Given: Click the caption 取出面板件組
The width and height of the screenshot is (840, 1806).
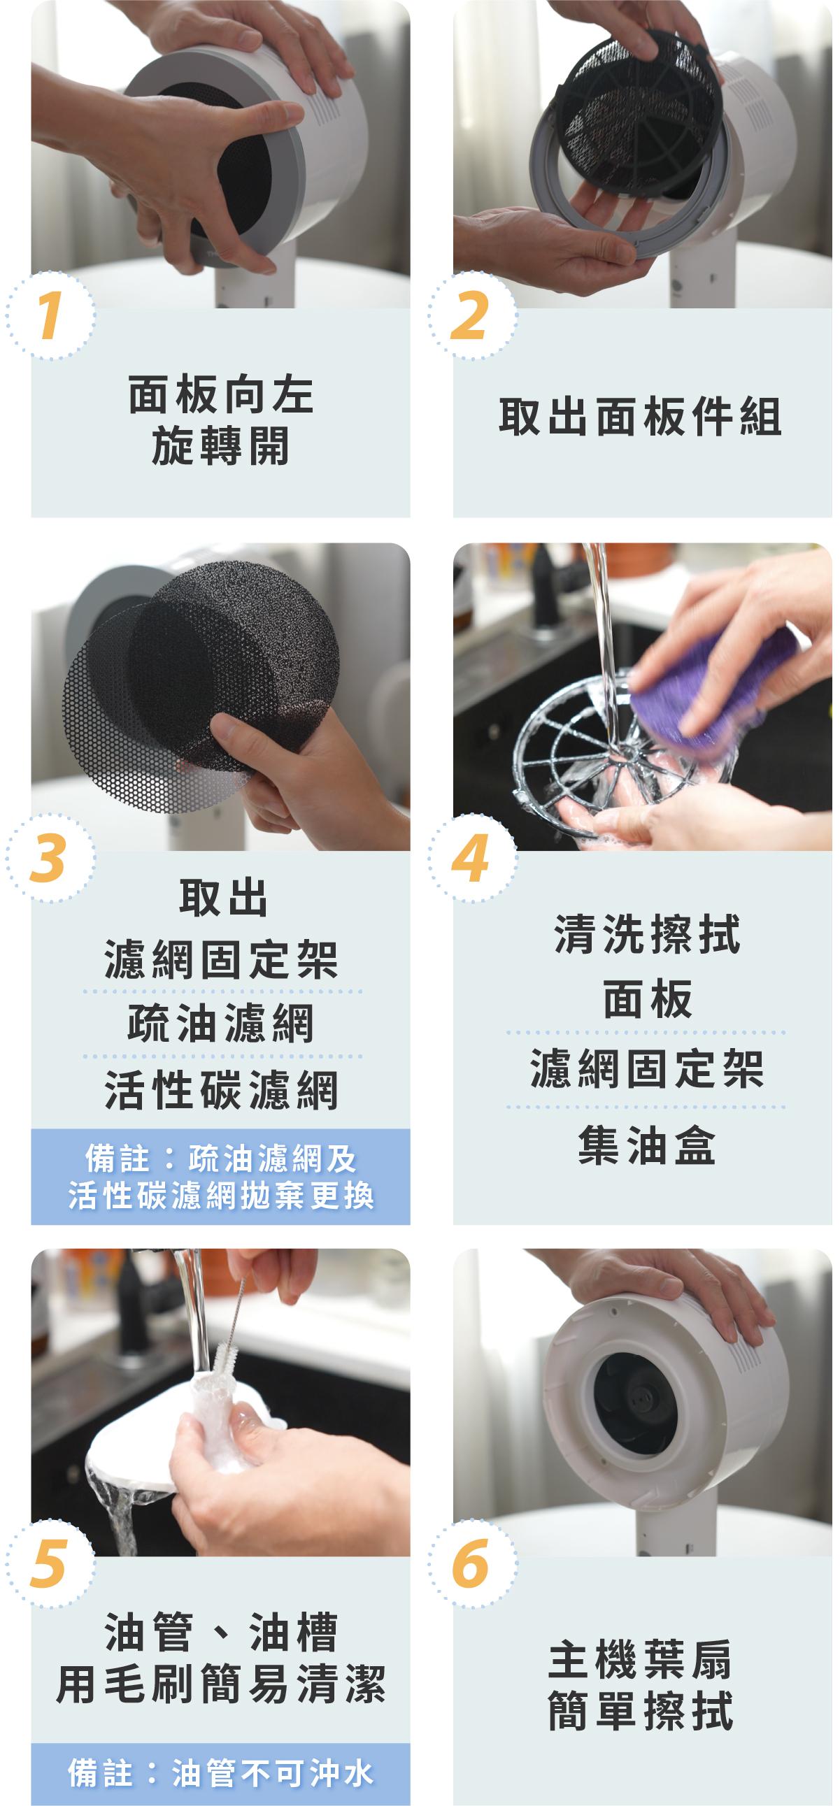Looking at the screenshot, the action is point(640,417).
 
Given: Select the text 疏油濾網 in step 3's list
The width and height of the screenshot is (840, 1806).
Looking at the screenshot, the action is point(221,1024).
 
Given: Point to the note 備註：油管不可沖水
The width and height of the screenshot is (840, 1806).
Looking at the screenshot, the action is point(220,1773).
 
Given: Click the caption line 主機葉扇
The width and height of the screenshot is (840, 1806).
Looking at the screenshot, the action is point(640,1659).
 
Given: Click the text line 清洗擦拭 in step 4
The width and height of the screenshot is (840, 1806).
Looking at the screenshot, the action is point(647,934).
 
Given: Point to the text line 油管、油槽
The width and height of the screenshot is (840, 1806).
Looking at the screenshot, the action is point(221,1632).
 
